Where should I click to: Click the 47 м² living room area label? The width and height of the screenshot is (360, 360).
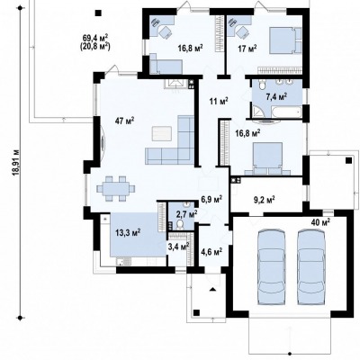tap(124, 121)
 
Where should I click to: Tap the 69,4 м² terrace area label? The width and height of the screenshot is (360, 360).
tap(95, 38)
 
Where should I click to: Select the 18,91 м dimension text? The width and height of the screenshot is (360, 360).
tap(16, 162)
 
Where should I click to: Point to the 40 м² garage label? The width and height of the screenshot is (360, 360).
tap(320, 222)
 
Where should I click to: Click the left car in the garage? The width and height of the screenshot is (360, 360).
tap(271, 267)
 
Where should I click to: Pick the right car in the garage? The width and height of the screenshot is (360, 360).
tap(311, 267)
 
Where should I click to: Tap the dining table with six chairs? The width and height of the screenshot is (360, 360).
tap(116, 189)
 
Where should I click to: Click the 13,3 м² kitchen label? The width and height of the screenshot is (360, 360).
tap(129, 232)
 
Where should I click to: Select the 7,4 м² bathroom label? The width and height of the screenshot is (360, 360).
tap(276, 96)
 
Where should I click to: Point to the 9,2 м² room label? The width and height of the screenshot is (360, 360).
tap(265, 200)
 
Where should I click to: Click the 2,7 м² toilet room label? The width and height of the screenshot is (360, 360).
tap(186, 214)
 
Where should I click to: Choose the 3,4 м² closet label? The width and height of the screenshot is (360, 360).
tap(178, 247)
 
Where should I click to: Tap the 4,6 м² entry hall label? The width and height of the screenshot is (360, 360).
tap(211, 251)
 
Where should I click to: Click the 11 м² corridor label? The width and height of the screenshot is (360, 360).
tap(219, 101)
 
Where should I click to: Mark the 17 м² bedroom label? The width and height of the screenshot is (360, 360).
tap(247, 48)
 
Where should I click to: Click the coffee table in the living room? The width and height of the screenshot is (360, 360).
tap(162, 133)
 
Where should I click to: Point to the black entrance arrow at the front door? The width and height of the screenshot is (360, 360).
tap(212, 289)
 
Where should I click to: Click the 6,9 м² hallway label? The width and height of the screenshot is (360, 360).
tap(211, 198)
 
